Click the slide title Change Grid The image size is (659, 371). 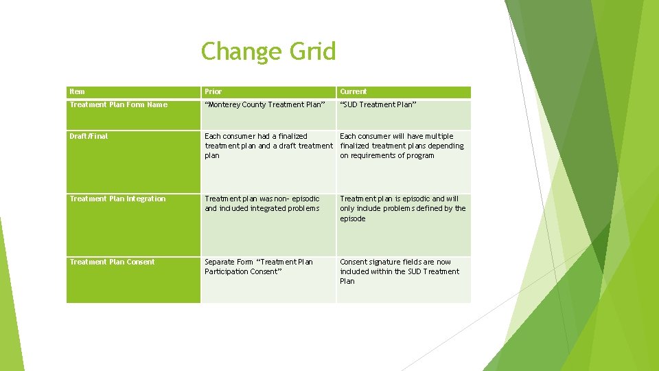(268, 52)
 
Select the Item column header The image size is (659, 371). (78, 91)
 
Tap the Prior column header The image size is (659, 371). (213, 91)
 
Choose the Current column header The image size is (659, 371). (354, 91)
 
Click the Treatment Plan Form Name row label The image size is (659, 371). (118, 104)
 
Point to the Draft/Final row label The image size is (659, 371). (89, 136)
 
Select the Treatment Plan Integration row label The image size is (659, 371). (117, 199)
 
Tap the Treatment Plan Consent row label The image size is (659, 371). (112, 262)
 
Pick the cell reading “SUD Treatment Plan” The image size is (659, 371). (377, 104)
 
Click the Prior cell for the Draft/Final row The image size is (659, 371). (268, 146)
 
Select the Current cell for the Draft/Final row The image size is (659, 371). (402, 146)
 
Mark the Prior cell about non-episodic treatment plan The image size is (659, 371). (262, 203)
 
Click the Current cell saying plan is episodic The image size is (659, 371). (402, 208)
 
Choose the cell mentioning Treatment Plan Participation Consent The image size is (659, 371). (259, 267)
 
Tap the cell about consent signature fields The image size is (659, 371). (400, 271)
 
